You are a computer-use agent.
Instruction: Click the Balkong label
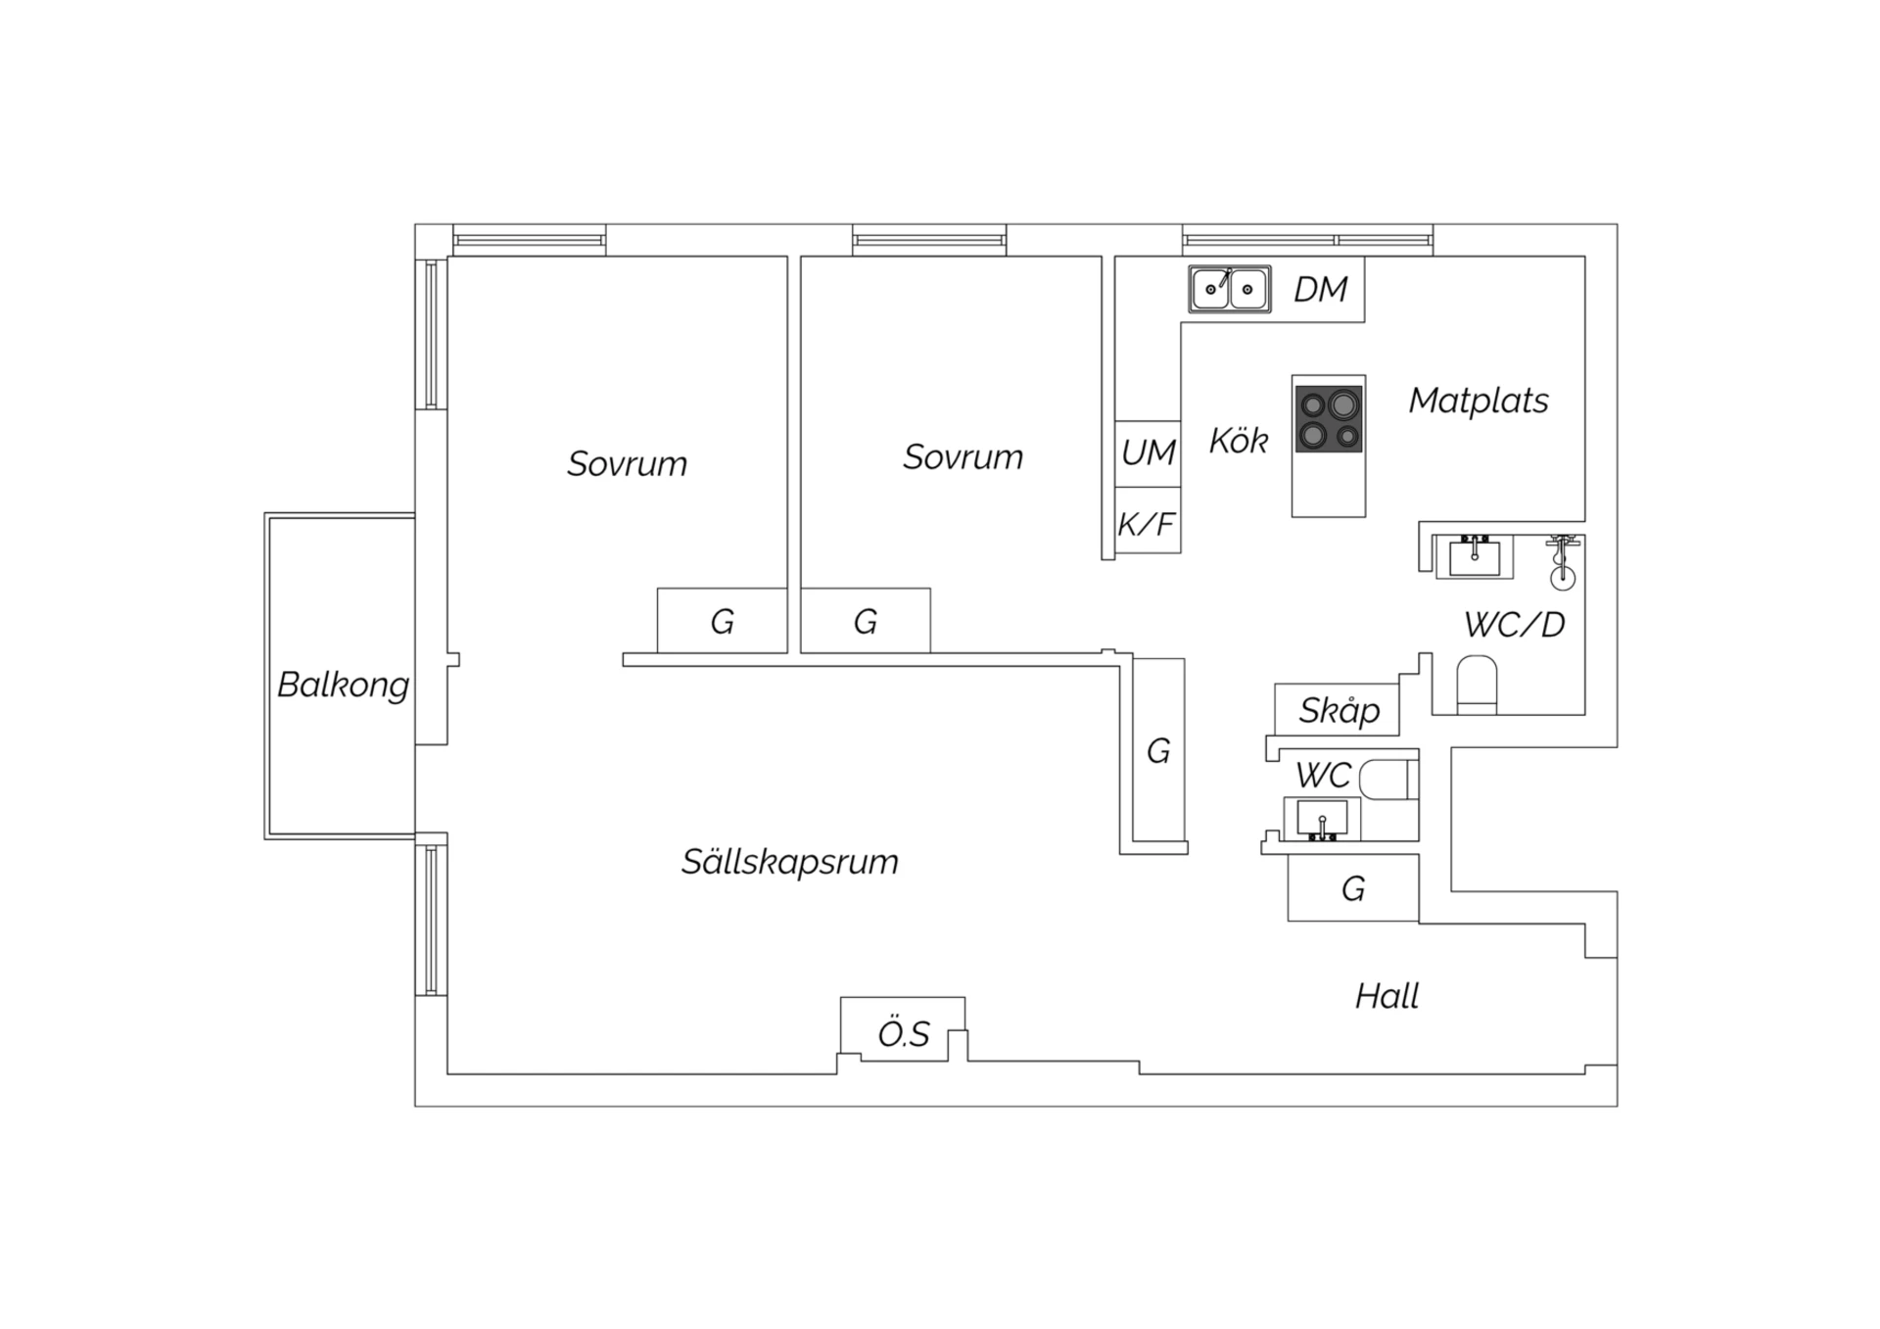pos(343,685)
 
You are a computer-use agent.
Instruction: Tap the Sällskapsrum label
pos(790,862)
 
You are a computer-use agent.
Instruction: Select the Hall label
pos(1386,996)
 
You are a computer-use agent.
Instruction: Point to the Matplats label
pos(1479,401)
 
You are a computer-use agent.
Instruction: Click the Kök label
pos(1239,440)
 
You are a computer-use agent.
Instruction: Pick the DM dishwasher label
pos(1321,289)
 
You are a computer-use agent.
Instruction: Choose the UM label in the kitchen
pos(1149,452)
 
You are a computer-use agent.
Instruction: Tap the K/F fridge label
pos(1147,525)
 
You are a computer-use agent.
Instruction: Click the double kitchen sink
pos(1230,289)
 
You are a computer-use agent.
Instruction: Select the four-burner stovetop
pos(1329,419)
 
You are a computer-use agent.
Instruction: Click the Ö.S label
pos(904,1034)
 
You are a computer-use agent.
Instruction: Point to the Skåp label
pos(1339,710)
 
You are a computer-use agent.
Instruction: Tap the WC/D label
pos(1515,624)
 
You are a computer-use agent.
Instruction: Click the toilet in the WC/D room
pos(1477,685)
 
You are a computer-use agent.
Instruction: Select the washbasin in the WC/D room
pos(1475,556)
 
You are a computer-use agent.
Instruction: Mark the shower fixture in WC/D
pos(1563,562)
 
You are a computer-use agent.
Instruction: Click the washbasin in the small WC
pos(1322,819)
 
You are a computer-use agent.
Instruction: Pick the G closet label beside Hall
pos(1353,888)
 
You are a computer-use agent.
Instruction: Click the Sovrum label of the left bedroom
pos(628,463)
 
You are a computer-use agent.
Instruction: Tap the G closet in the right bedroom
pos(866,621)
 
